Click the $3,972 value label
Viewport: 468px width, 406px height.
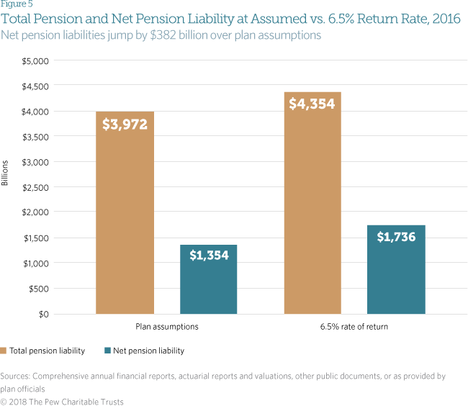point(125,124)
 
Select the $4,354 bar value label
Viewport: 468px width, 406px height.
point(313,103)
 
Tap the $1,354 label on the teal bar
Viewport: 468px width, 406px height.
point(209,255)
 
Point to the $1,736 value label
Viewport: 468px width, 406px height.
point(396,236)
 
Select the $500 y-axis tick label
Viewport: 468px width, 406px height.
point(38,289)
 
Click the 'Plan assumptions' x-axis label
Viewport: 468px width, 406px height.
point(167,326)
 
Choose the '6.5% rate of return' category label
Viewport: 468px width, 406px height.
point(354,326)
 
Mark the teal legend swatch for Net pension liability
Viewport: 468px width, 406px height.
point(107,351)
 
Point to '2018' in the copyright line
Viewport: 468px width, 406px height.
point(22,401)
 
